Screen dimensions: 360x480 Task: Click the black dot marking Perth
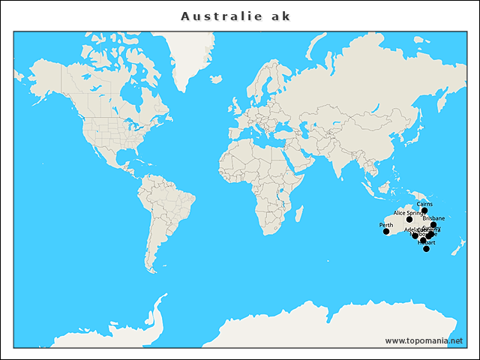pos(386,232)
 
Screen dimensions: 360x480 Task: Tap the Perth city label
pos(386,225)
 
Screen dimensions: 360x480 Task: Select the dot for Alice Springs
pos(409,220)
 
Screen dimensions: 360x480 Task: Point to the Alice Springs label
pos(409,213)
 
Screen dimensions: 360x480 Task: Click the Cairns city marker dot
pos(424,211)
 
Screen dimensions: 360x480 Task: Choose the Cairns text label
pos(424,204)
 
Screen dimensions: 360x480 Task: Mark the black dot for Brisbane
pos(433,225)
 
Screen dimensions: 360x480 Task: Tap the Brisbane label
pos(433,218)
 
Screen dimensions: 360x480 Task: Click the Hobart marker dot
pos(426,249)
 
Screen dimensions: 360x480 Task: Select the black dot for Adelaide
pos(415,236)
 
